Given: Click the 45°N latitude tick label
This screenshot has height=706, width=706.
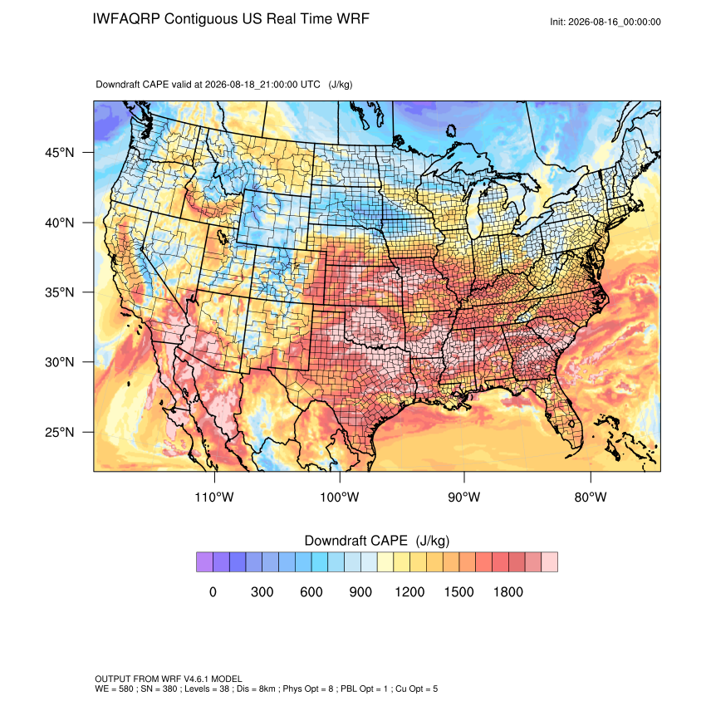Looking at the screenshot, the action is coord(60,153).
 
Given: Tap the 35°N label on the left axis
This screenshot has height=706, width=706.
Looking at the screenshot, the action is coord(60,292).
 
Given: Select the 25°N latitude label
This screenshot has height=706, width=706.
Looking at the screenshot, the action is coord(60,432).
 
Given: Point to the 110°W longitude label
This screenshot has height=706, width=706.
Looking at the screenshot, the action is coord(214,497).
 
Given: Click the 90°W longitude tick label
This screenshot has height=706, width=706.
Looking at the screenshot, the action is coord(463,497).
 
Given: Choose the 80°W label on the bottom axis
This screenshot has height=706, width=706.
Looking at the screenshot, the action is coord(591,497).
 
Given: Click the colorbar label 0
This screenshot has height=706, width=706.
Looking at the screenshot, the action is coord(213,591).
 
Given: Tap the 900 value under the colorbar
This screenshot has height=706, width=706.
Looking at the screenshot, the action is coord(360,591).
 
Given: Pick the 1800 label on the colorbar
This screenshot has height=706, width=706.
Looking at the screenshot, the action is coord(507,591).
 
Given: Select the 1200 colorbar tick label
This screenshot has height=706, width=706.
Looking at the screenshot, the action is coord(409,591).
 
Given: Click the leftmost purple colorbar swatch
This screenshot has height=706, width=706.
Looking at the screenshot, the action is coord(204,562).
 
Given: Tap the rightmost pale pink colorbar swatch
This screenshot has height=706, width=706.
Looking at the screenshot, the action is coord(549,562).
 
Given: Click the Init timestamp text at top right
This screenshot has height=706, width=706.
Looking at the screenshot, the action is coord(605,22).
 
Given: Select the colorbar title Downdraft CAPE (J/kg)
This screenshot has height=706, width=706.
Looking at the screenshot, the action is coord(377,541).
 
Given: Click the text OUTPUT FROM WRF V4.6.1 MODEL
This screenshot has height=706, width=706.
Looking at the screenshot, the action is coord(169,679).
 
